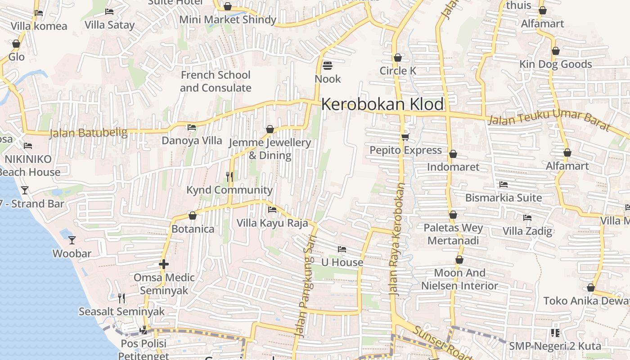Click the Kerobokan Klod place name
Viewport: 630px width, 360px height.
click(x=382, y=104)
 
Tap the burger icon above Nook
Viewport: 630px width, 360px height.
click(x=327, y=66)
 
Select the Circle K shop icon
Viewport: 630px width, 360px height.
click(x=397, y=58)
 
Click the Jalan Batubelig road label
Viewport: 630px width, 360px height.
click(x=88, y=133)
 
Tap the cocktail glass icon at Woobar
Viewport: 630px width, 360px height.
click(x=72, y=240)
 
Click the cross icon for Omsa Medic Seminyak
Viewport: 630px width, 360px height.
click(x=164, y=264)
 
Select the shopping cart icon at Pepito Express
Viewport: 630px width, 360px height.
click(x=405, y=137)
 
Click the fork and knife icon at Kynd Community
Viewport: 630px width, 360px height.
click(x=229, y=177)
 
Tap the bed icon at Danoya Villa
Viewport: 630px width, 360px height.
click(x=192, y=127)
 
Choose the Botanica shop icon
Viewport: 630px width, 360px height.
click(x=193, y=216)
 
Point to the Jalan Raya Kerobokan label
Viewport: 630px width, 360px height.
click(x=397, y=238)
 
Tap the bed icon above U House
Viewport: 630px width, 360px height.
click(x=342, y=249)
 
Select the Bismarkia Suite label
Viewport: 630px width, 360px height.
click(x=503, y=198)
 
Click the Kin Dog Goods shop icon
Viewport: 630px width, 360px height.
click(x=556, y=51)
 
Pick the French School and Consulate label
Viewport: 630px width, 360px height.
click(x=216, y=81)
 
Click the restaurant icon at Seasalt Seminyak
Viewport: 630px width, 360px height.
click(x=121, y=298)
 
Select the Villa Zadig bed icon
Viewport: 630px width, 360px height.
click(x=527, y=218)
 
